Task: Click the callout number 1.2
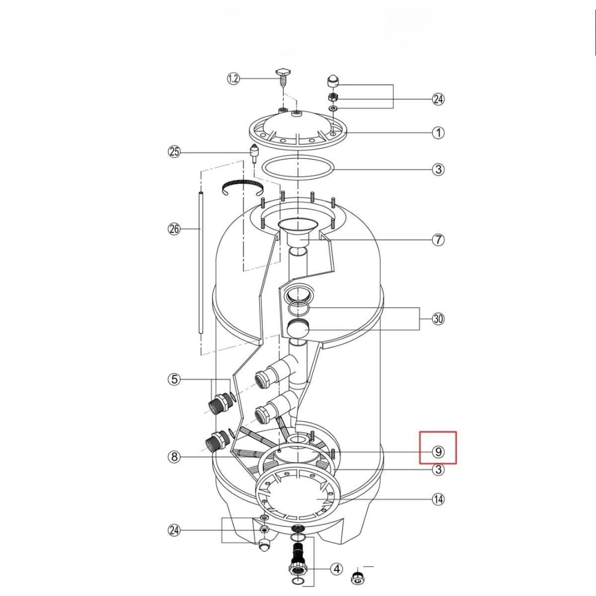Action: pyautogui.click(x=233, y=79)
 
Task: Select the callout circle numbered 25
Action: pyautogui.click(x=174, y=152)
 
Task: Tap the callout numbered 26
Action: pyautogui.click(x=174, y=229)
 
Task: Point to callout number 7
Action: pyautogui.click(x=438, y=240)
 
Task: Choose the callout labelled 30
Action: pyautogui.click(x=438, y=318)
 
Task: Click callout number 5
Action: pyautogui.click(x=174, y=379)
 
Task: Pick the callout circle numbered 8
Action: pyautogui.click(x=174, y=456)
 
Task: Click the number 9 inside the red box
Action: pyautogui.click(x=438, y=451)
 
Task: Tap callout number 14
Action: pyautogui.click(x=438, y=499)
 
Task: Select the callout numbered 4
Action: pyautogui.click(x=337, y=569)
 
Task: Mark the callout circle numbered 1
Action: pyautogui.click(x=438, y=132)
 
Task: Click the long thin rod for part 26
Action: pyautogui.click(x=200, y=263)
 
